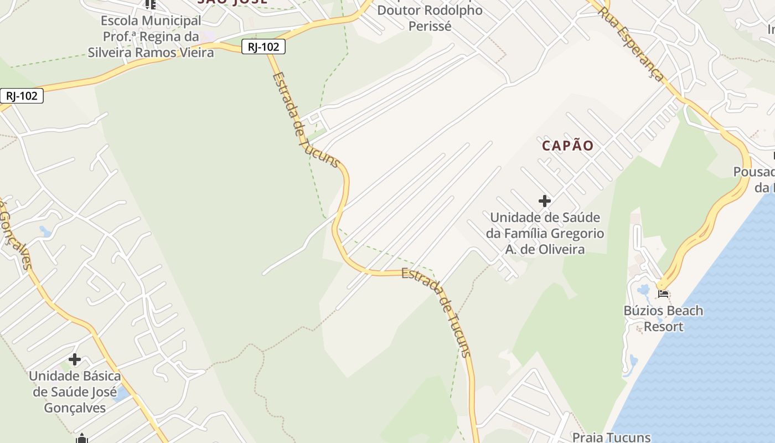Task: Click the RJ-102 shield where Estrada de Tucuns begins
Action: pos(263,47)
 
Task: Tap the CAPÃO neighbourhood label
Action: pos(567,146)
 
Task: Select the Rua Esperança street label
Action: pos(631,45)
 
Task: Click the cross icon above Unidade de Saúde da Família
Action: pos(545,200)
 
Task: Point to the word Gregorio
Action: pos(576,234)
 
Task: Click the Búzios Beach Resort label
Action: pos(663,318)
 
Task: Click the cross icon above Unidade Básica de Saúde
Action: pos(75,359)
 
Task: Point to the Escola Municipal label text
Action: pos(151,21)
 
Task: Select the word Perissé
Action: pos(430,26)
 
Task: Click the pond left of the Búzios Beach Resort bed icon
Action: pos(644,290)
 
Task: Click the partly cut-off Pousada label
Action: pos(753,172)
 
